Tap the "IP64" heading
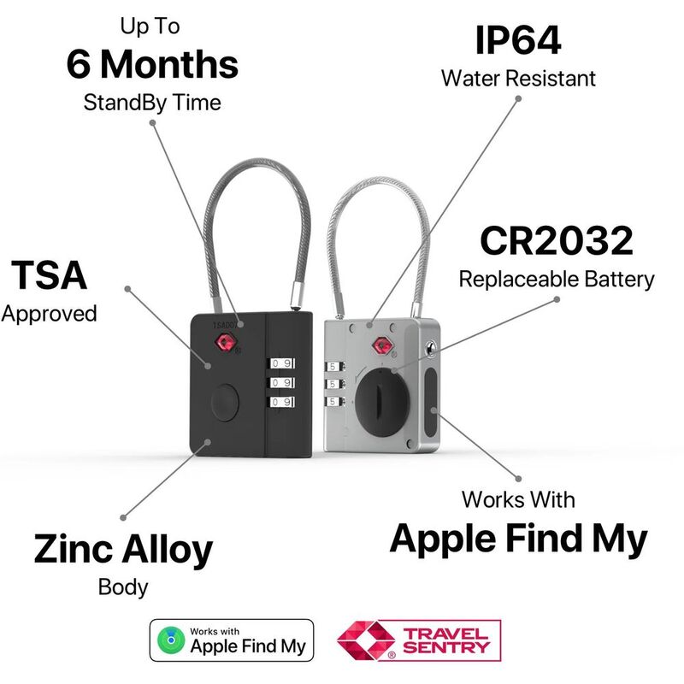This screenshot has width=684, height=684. pyautogui.click(x=518, y=40)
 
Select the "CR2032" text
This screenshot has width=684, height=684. pyautogui.click(x=556, y=241)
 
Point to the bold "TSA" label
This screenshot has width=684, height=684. pyautogui.click(x=49, y=275)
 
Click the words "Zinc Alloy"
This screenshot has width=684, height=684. pyautogui.click(x=123, y=550)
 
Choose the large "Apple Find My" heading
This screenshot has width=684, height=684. pyautogui.click(x=518, y=538)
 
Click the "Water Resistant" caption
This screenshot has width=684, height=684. pyautogui.click(x=518, y=79)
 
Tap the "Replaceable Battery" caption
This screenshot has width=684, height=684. pyautogui.click(x=556, y=279)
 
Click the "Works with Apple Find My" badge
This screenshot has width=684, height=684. pyautogui.click(x=232, y=640)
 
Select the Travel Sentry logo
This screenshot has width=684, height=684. pyautogui.click(x=418, y=641)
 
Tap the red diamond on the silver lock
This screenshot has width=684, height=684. pyautogui.click(x=380, y=346)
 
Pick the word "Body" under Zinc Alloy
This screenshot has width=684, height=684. pyautogui.click(x=123, y=587)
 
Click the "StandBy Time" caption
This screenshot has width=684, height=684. pyautogui.click(x=152, y=103)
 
